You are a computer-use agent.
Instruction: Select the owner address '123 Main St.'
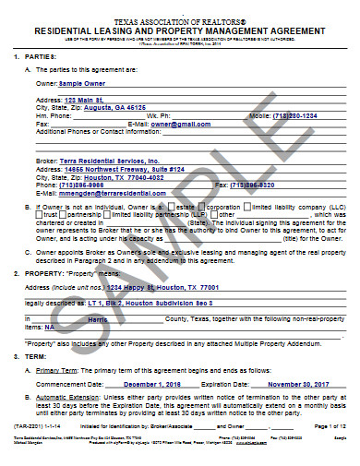pos(89,98)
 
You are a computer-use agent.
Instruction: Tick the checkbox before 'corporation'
pos(204,209)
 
